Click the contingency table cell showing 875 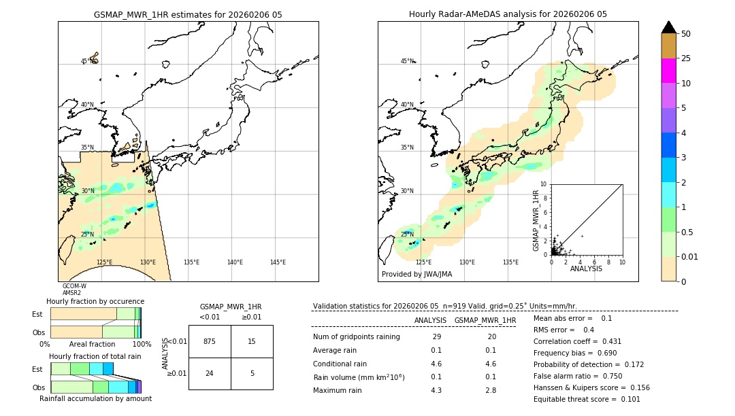pos(210,341)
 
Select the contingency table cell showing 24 pos(210,373)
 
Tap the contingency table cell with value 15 pos(252,341)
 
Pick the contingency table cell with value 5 pos(252,373)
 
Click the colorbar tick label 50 pos(686,34)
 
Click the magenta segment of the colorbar pos(668,71)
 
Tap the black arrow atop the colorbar pos(668,27)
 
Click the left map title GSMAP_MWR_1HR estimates pos(188,14)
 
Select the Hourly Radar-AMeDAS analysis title pos(508,14)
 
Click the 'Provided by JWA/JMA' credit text pos(416,275)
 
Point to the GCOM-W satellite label pos(74,286)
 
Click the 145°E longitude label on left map pos(278,262)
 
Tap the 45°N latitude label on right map pos(407,61)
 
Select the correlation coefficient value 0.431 pos(588,341)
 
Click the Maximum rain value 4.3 pos(436,390)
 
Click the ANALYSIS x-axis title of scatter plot pos(586,268)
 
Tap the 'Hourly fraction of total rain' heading pos(95,356)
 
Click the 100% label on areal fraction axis pos(142,345)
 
